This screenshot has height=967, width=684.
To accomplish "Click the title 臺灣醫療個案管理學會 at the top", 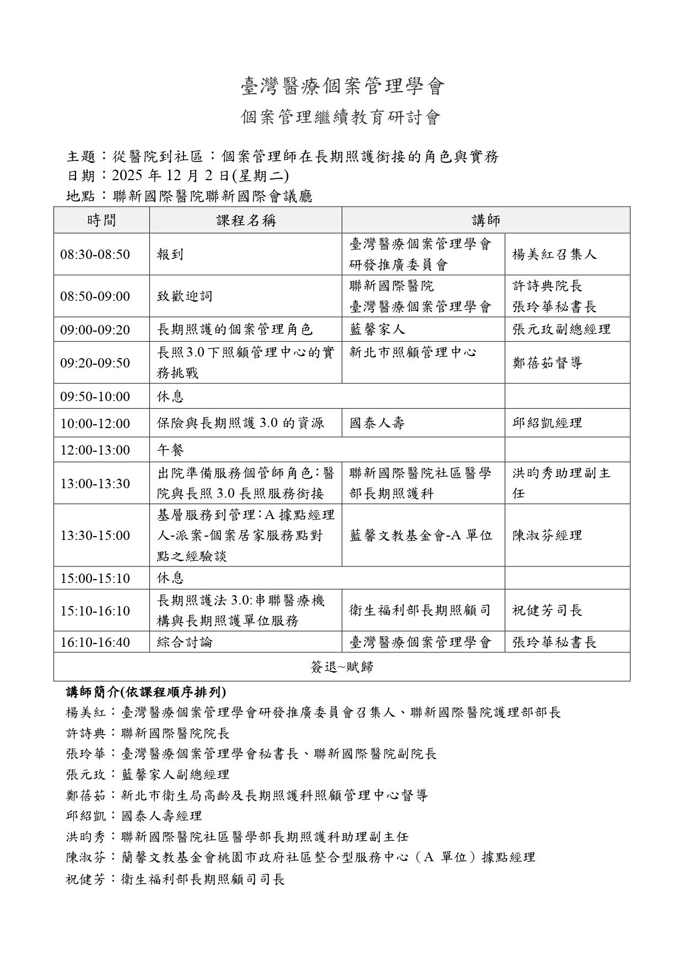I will point(342,87).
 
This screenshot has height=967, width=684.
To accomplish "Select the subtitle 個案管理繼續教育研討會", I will point(342,117).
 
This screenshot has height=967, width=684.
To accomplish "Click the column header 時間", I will point(101,220).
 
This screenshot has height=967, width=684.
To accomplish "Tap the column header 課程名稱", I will point(246,220).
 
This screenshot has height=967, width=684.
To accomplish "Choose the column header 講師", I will point(486,220).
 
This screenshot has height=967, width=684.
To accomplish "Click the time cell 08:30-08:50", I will point(95,254).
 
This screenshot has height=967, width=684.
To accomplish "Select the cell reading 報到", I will point(170,254).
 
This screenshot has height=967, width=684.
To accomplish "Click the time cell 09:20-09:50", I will point(95,363).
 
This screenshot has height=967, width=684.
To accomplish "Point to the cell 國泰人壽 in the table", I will point(377,423).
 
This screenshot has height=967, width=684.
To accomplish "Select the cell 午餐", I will point(170,450).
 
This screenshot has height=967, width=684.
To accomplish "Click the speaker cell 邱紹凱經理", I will point(547,423).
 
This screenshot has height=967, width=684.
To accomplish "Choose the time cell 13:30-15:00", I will point(95,535).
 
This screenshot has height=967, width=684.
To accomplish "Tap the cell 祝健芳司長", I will point(547,610).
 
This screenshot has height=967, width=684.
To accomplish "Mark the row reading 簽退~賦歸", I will point(342,667).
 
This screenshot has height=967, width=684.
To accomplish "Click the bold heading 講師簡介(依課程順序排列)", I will point(146,692).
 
